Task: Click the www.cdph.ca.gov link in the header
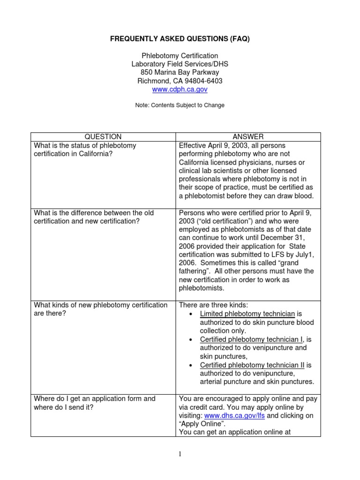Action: coord(180,89)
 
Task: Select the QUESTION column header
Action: coord(104,136)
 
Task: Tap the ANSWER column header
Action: coord(248,136)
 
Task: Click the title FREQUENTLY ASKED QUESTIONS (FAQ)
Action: coord(180,39)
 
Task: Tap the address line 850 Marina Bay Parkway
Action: coord(180,72)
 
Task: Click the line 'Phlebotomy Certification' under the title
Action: coord(180,55)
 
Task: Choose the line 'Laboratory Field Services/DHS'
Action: coord(180,64)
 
